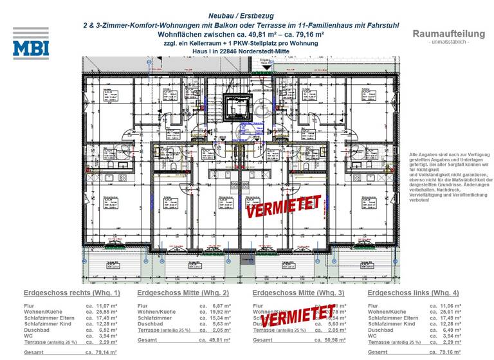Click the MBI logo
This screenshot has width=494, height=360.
(x=30, y=43)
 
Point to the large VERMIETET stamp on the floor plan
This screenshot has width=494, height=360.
(x=283, y=205)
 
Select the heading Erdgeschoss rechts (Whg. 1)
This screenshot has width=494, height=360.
(x=71, y=292)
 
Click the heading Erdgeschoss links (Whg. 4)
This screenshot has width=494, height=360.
(x=412, y=292)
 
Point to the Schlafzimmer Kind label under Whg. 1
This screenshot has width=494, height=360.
(x=49, y=323)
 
